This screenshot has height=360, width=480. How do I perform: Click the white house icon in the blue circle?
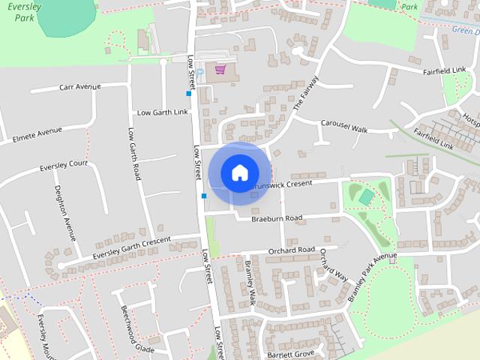239,172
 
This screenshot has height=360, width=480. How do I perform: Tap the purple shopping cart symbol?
220,70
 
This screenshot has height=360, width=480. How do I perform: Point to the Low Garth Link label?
163,112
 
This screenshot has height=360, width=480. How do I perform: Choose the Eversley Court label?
64,163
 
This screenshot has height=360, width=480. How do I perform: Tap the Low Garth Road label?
134,153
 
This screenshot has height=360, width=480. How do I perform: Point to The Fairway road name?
306,94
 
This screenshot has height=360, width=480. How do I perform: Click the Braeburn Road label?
277,218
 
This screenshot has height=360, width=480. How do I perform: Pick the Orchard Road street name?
290,250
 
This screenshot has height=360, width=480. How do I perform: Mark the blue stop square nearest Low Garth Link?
189,94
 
